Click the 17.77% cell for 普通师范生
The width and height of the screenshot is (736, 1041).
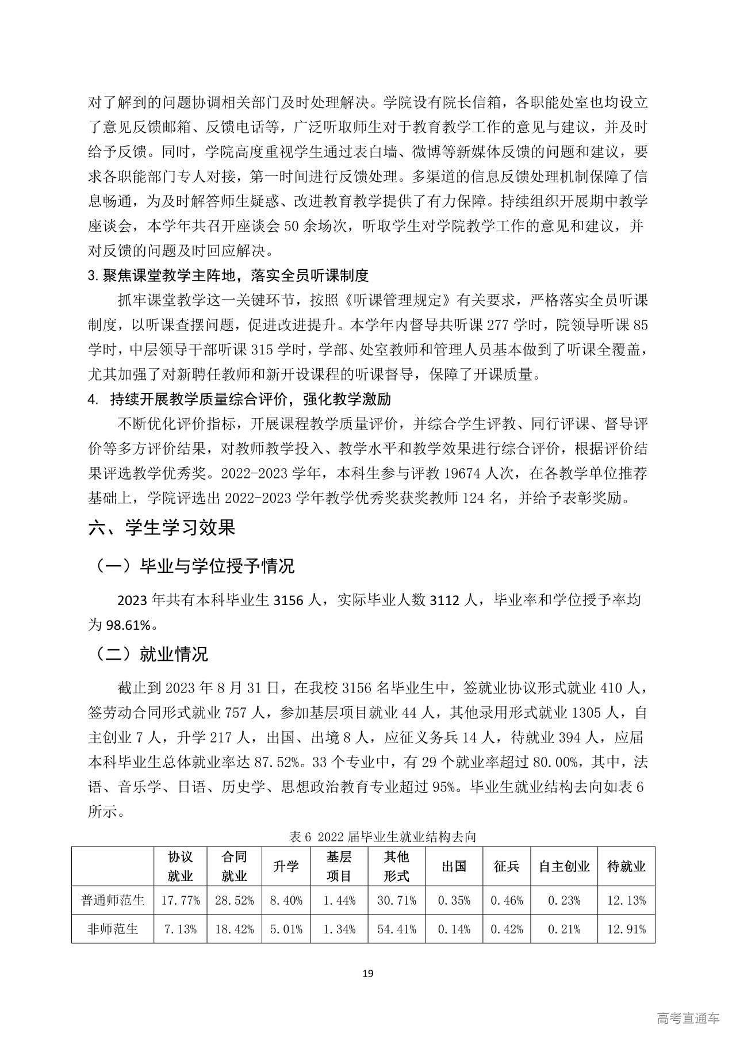click(x=181, y=900)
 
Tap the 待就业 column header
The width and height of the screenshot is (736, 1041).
click(x=626, y=866)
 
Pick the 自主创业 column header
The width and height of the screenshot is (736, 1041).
click(x=564, y=866)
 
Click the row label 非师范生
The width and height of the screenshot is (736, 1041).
click(x=113, y=929)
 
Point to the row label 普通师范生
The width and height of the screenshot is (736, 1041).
click(x=113, y=900)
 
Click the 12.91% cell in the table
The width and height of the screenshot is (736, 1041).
click(x=626, y=929)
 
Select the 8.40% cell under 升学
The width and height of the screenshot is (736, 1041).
click(x=286, y=900)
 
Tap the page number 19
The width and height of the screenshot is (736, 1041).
click(x=368, y=974)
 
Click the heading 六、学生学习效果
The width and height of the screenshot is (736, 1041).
click(x=162, y=527)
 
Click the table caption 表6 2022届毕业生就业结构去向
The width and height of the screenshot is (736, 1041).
click(x=382, y=837)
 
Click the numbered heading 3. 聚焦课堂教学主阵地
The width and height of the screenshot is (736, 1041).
click(x=228, y=275)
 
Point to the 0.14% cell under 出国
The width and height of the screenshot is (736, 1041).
click(x=454, y=929)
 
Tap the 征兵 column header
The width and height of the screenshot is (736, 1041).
click(x=507, y=866)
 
